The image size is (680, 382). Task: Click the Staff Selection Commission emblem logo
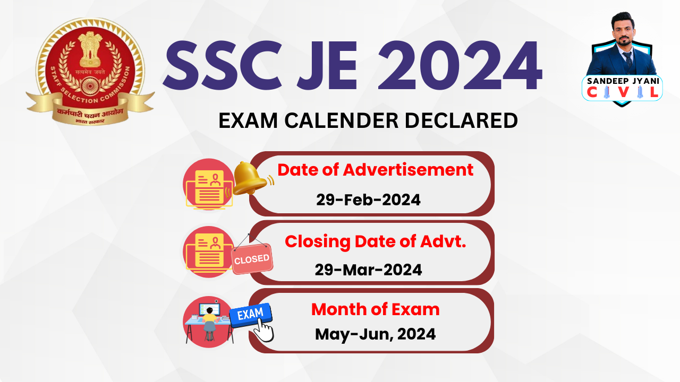90,72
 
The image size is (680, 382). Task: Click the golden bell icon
251,178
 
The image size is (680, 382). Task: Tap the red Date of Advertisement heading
375,170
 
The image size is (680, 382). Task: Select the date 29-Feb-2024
368,200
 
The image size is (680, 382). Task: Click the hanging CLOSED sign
252,258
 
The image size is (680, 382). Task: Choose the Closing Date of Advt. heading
375,241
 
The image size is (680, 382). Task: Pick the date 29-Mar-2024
368,270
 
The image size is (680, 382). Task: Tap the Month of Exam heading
375,309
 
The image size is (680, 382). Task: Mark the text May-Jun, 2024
375,334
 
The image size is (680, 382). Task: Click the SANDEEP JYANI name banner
622,80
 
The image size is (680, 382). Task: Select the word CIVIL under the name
622,93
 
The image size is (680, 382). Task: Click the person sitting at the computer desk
210,320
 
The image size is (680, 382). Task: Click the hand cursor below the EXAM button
263,331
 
